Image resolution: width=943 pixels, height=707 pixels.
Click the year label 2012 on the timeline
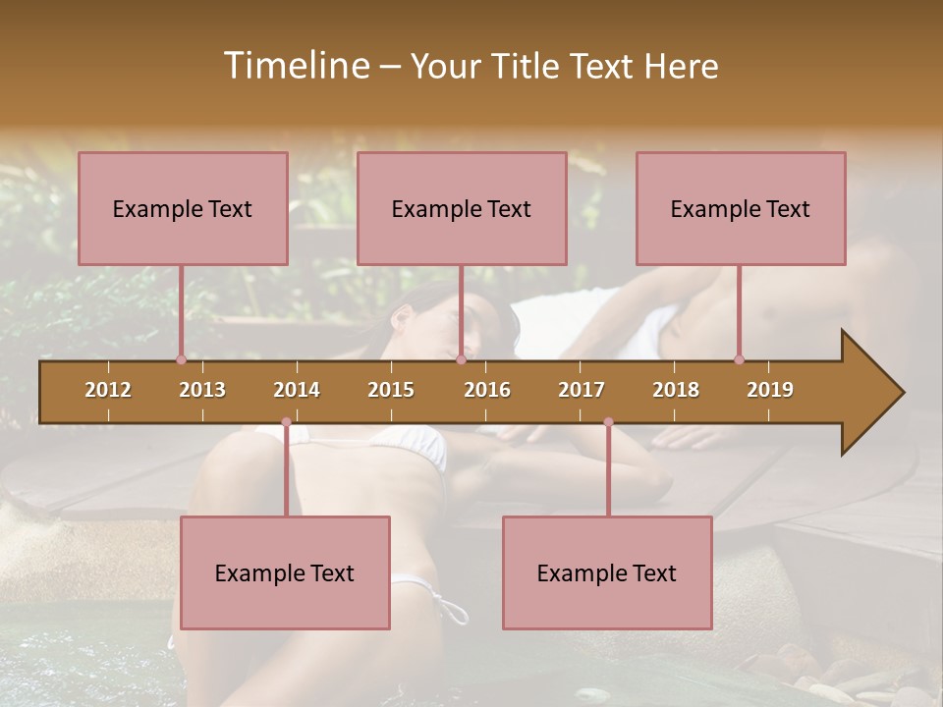[x=108, y=390]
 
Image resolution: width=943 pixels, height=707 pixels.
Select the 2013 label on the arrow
[x=202, y=390]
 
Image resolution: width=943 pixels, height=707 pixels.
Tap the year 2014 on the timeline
[x=297, y=390]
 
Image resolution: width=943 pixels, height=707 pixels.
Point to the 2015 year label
[x=391, y=390]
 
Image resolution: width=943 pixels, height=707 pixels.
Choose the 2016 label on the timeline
[x=487, y=390]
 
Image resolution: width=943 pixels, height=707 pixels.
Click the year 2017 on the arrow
[x=582, y=390]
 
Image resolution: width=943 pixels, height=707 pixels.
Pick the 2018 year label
[x=676, y=390]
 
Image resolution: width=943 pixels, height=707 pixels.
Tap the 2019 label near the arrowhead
[x=770, y=390]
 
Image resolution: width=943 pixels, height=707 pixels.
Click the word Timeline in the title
[x=295, y=66]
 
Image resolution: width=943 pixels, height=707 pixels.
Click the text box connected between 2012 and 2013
[x=183, y=208]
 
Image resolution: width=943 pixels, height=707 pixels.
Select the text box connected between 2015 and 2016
[x=462, y=208]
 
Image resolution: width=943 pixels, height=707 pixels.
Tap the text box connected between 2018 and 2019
[x=741, y=208]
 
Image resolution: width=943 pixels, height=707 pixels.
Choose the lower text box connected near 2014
[x=285, y=572]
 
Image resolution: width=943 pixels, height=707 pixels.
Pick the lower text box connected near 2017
[x=607, y=572]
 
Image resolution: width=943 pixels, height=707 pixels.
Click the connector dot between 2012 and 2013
[x=181, y=359]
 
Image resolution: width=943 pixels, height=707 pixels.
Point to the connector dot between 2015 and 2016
[x=461, y=359]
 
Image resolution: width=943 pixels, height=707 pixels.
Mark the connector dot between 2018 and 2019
[x=739, y=359]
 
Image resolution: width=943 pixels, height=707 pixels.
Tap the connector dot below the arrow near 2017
[x=608, y=422]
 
